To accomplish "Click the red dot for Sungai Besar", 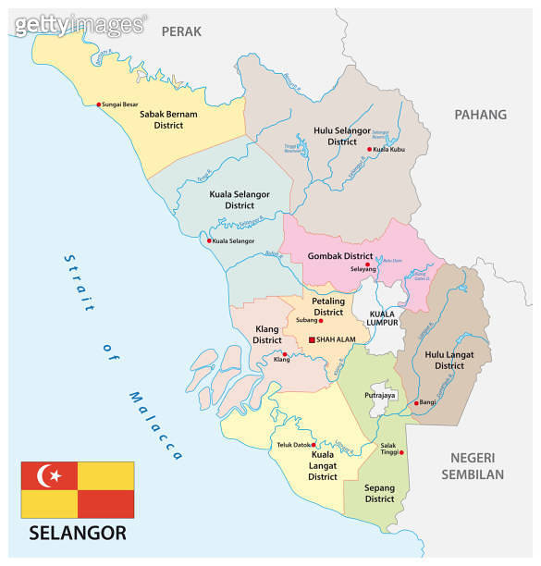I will tap(99, 105).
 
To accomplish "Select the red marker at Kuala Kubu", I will tap(369, 149).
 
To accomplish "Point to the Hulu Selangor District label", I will tap(341, 137).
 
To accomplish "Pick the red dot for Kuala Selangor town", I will tap(209, 241).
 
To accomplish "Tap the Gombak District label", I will tap(340, 256).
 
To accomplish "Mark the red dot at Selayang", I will tap(367, 265).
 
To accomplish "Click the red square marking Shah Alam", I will tap(312, 339).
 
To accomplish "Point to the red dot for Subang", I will tap(320, 321).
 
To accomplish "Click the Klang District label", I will tap(267, 335).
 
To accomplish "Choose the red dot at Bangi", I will tap(416, 403).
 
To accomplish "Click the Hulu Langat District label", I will tap(449, 360).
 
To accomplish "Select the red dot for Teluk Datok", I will tap(314, 445).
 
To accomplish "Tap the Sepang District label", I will tap(379, 492).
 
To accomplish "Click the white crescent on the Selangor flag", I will tap(47, 476).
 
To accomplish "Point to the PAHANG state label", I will tap(480, 115).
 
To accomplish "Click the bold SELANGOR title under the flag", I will tap(78, 534).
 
